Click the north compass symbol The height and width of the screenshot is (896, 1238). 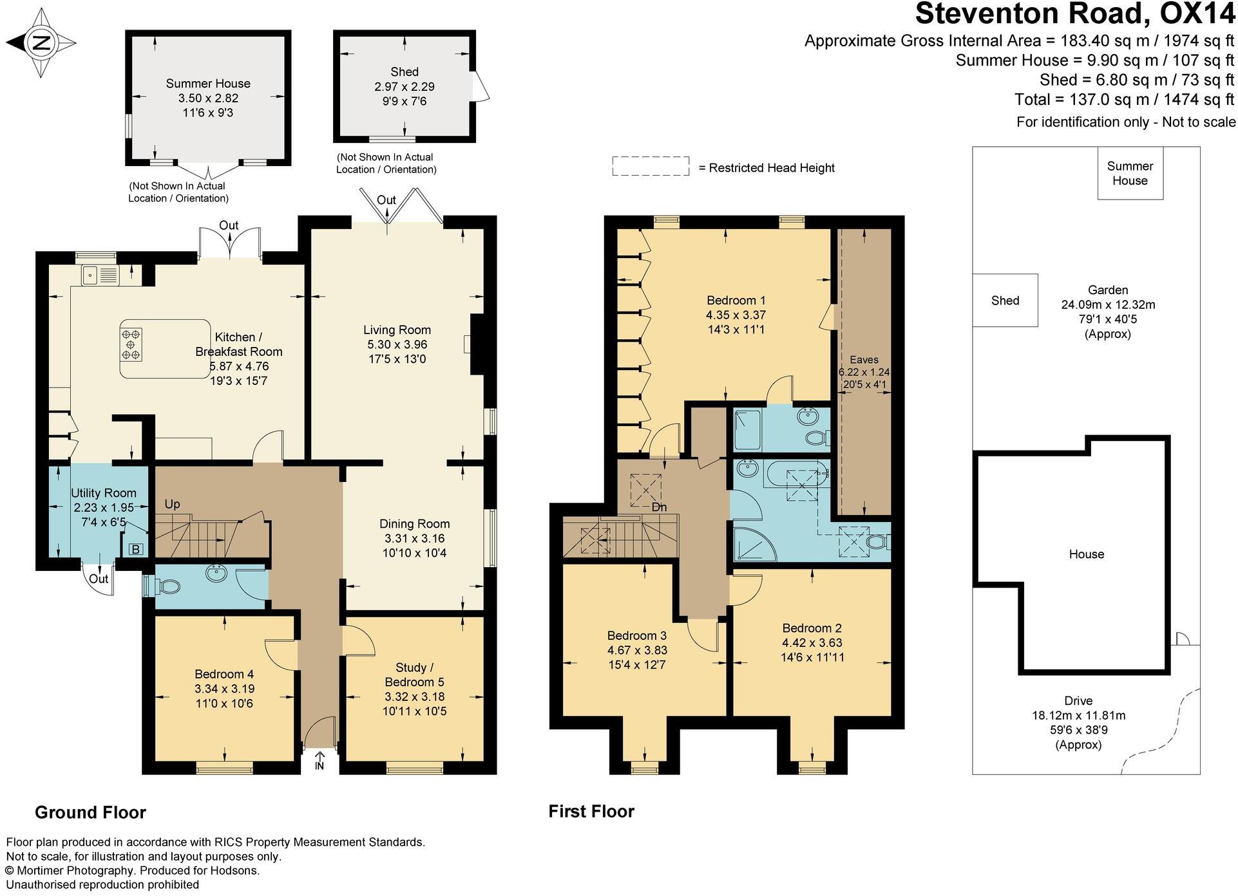42,43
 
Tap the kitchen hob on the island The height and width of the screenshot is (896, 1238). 131,344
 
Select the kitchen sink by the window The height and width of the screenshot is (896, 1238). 100,275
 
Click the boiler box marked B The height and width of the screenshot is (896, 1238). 135,549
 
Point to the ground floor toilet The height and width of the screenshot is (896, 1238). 166,586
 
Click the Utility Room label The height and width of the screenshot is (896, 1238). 104,493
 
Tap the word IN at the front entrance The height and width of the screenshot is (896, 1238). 319,766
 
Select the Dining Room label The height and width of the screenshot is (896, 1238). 414,524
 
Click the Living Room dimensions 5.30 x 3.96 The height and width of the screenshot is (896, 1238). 397,344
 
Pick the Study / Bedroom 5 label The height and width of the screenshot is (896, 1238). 414,675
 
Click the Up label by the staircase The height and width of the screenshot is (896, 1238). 172,505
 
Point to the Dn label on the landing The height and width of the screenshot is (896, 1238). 659,507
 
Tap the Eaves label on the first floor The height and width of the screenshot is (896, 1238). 864,360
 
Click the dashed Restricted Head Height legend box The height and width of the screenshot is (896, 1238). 651,166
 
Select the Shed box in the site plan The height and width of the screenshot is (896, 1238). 1005,301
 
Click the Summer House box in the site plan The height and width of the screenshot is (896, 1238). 1130,173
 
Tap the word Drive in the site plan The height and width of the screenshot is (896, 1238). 1078,701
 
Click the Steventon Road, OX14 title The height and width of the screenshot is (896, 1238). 1075,14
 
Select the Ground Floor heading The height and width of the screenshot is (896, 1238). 90,812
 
